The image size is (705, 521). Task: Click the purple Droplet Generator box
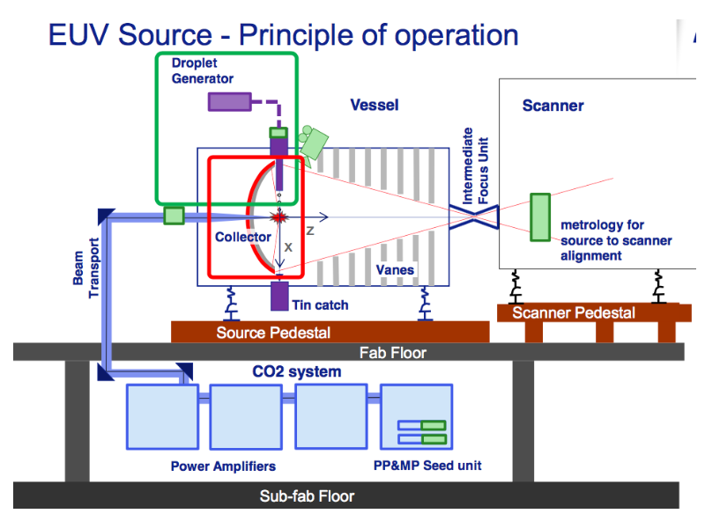click(229, 101)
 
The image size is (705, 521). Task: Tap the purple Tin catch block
click(279, 296)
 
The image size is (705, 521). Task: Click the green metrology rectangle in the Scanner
click(539, 217)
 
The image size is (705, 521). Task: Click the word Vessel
click(375, 105)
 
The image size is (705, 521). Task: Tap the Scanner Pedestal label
click(574, 313)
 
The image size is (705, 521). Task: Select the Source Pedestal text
click(273, 333)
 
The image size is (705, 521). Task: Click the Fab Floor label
click(393, 353)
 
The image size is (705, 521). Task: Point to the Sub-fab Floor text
click(307, 496)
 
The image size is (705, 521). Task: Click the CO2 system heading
click(291, 371)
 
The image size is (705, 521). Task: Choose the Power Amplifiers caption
click(223, 466)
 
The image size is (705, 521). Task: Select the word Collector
click(243, 237)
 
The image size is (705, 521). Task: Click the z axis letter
click(310, 231)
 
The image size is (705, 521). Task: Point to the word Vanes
click(395, 269)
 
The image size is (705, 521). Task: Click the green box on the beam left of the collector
click(174, 216)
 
